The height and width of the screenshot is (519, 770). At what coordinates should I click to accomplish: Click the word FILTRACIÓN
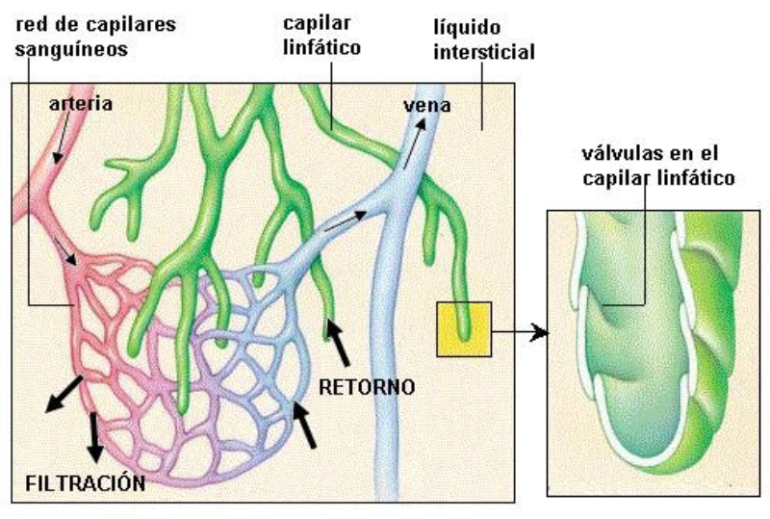point(86,481)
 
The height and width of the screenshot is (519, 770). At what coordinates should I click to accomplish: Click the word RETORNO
point(367,388)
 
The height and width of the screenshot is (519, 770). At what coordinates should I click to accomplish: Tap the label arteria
point(81,102)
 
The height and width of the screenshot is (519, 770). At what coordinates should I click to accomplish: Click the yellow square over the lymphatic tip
point(464,329)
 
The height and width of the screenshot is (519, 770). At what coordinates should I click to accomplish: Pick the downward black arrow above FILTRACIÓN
point(94,436)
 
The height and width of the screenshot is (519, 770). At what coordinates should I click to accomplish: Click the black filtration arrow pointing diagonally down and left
point(64,395)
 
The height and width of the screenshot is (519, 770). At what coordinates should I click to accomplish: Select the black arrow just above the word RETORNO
point(339,342)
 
